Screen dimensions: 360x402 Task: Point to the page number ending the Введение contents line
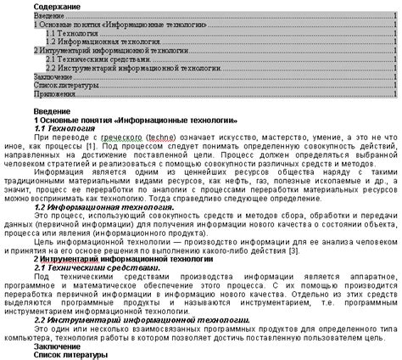pyautogui.click(x=396, y=16)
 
